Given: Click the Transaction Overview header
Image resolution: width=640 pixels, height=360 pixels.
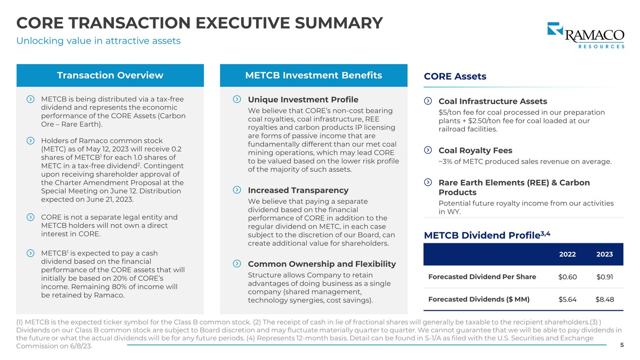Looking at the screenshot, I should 110,75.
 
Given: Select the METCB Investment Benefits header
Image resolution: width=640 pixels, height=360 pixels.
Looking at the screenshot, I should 313,75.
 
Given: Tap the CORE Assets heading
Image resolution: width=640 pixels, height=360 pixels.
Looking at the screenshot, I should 455,76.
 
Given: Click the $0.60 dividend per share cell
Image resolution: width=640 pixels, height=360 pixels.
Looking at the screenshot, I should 567,277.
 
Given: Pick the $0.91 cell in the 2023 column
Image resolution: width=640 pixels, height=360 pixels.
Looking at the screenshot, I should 605,277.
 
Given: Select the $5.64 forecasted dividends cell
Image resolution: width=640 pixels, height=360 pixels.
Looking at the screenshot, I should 567,299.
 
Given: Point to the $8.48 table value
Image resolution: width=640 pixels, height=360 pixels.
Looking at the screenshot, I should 605,299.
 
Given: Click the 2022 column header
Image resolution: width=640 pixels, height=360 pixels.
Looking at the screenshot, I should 567,254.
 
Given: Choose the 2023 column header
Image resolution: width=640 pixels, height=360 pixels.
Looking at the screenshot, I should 605,254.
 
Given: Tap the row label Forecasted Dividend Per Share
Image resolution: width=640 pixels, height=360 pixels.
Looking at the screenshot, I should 482,277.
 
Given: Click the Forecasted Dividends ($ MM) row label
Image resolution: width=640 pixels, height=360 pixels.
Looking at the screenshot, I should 479,299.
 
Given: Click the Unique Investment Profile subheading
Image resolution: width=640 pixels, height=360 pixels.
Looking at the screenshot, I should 303,99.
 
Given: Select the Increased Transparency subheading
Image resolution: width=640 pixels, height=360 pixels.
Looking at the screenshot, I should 298,190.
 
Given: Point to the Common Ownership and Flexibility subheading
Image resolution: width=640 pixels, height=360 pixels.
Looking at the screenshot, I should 321,264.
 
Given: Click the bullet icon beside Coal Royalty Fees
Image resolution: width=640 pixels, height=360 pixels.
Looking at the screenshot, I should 428,150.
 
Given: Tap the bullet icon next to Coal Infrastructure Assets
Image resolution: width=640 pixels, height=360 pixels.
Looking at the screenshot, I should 428,101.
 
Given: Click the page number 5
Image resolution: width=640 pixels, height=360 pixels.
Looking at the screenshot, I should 622,345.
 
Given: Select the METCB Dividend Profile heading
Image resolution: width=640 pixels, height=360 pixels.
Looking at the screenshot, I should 486,235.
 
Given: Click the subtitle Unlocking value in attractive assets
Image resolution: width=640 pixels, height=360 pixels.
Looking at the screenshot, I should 98,41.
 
